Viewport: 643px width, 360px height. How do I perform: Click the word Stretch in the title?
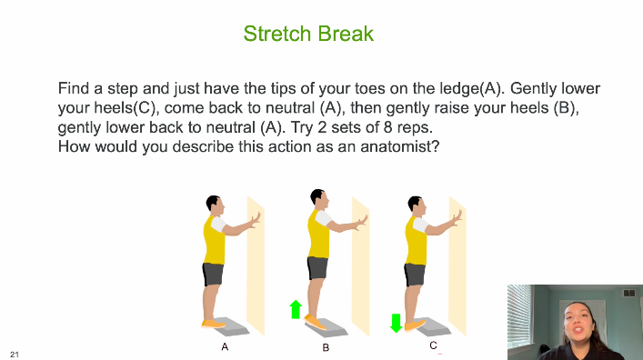[277, 34]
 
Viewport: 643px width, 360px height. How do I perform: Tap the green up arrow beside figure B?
[296, 309]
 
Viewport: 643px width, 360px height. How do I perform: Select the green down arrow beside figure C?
[396, 323]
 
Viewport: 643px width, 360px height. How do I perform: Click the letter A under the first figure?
[225, 347]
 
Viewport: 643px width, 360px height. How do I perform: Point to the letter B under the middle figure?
[326, 347]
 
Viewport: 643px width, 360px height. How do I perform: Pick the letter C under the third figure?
[433, 345]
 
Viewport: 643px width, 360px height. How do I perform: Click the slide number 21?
[15, 355]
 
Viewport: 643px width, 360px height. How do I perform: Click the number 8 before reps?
[388, 127]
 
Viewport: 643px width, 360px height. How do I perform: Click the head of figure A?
[215, 205]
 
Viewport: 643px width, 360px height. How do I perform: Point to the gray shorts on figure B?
[317, 268]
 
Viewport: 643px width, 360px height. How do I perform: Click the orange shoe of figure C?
[415, 325]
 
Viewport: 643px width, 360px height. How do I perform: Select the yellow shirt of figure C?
[416, 241]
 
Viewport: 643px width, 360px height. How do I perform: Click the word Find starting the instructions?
[74, 88]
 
